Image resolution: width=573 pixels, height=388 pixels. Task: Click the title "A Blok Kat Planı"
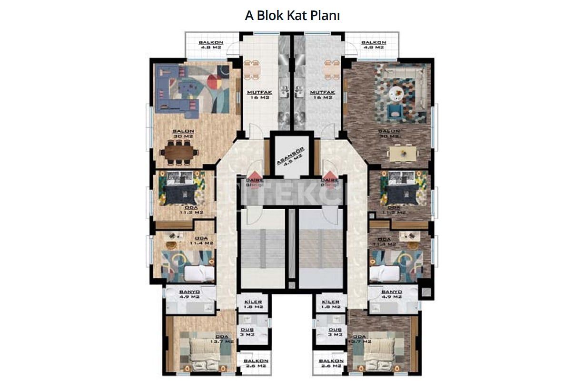click(292, 15)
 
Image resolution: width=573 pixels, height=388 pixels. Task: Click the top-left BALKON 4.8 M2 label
click(211, 45)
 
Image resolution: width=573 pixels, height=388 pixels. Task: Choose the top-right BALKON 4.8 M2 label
click(373, 45)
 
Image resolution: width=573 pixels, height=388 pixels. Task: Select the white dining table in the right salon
click(403, 153)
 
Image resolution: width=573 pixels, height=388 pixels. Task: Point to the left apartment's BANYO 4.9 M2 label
click(189, 294)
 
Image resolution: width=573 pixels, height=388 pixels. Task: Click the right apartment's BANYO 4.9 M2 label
click(392, 294)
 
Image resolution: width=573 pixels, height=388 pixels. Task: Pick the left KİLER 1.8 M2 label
click(253, 304)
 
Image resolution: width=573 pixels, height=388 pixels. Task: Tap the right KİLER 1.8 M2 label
click(330, 304)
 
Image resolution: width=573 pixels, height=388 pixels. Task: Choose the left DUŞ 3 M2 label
click(248, 332)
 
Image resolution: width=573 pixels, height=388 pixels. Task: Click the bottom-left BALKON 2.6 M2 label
click(256, 363)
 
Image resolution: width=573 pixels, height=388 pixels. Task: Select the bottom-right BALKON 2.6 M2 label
click(331, 363)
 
